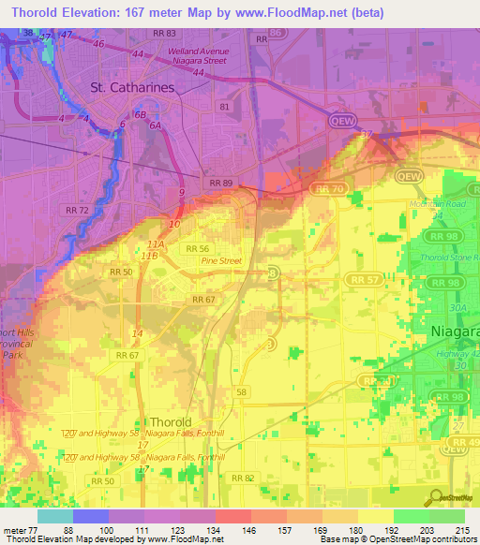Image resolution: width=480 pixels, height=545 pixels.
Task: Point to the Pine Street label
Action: [x=222, y=261]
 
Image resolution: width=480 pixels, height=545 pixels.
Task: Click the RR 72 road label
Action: [x=77, y=209]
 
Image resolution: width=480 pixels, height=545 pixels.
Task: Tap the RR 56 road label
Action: [x=197, y=248]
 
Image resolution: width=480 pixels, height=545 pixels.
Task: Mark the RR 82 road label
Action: [x=243, y=478]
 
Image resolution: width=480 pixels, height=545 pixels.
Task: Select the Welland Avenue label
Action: [x=198, y=52]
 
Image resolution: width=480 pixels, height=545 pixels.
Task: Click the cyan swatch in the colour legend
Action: [x=55, y=516]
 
